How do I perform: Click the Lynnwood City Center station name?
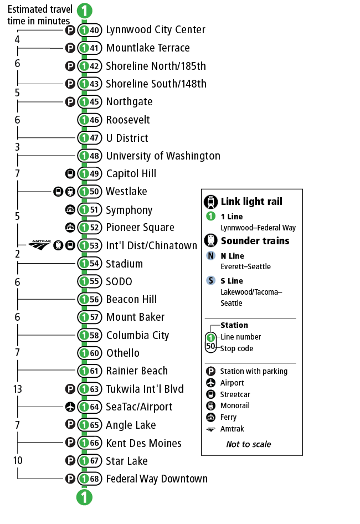coord(155,30)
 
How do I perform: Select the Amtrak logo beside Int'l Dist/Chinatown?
coord(39,244)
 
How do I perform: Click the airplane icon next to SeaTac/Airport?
coord(70,407)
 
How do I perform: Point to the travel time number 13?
coord(17,389)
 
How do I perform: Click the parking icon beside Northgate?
coord(70,102)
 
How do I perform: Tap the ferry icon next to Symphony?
coord(70,210)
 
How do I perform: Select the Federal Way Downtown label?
coord(157,479)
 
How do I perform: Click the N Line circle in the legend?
coord(211,256)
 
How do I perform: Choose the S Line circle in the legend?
coord(211,281)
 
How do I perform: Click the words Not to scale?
coord(249,444)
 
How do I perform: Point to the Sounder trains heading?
coord(255,241)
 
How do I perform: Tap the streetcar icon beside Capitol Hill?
coord(70,173)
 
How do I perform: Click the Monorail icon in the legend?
coord(211,405)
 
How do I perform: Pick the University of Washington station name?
coord(163,156)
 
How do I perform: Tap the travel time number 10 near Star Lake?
coord(17,461)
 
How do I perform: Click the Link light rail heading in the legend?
coord(251,201)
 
